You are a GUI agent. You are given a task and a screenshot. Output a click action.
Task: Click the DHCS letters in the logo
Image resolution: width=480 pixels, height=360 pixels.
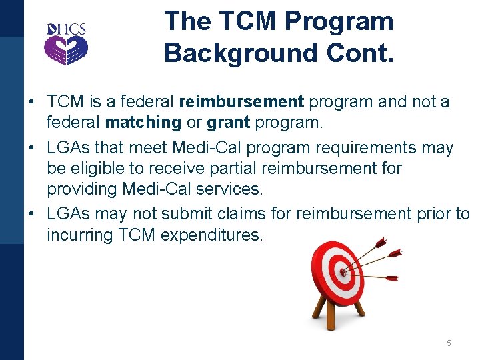coord(66,29)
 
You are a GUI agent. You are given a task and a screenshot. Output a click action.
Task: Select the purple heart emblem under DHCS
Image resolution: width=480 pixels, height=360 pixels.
coord(66,49)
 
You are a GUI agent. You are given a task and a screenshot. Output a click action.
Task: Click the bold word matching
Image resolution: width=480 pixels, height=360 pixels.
coord(143,123)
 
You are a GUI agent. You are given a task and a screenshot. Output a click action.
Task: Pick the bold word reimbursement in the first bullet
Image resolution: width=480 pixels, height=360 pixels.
coord(241,102)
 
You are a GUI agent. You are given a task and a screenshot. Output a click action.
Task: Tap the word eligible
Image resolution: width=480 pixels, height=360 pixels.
coord(105,168)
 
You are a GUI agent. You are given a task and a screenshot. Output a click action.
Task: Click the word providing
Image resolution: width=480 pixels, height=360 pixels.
coord(82,189)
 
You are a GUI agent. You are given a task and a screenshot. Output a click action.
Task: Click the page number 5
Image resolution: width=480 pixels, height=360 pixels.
coord(449,343)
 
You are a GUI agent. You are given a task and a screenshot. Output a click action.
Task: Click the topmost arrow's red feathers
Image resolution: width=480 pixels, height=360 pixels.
coord(381,241)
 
